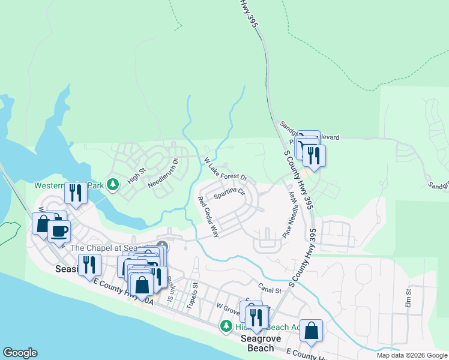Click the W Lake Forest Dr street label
click(x=226, y=170)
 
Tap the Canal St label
click(x=270, y=290)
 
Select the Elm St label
click(x=408, y=300)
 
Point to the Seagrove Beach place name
click(x=257, y=343)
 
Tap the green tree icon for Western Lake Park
click(x=112, y=185)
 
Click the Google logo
click(x=20, y=353)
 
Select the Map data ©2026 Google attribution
click(x=411, y=355)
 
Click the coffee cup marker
click(x=59, y=230)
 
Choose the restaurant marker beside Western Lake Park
click(x=76, y=193)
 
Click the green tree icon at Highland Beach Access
click(x=226, y=326)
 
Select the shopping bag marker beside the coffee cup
click(x=43, y=224)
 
